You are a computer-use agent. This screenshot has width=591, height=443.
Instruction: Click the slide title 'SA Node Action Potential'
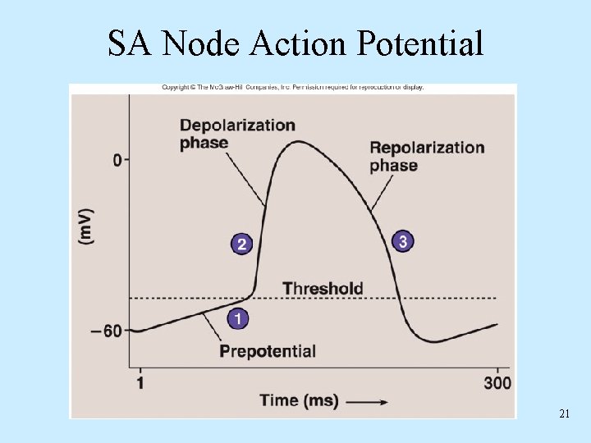pos(295,43)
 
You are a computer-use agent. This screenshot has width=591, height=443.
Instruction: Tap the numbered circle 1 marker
pos(238,318)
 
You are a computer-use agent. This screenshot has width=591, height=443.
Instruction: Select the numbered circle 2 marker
pos(241,244)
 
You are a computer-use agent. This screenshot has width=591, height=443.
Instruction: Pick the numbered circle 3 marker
pos(401,241)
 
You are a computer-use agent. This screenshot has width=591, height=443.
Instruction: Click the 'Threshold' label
pos(323,288)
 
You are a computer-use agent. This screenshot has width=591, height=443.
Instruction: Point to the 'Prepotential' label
pos(268,351)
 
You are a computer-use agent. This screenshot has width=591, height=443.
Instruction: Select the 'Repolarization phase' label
pos(427,156)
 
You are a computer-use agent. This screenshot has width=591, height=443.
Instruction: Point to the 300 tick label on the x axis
pos(497,383)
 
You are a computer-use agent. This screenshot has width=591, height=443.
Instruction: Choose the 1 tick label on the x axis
pos(140,383)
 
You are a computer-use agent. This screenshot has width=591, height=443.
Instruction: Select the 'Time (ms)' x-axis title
pos(299,401)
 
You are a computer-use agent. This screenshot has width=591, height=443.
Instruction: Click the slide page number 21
pos(564,414)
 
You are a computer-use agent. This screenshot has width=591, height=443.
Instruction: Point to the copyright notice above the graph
pos(292,88)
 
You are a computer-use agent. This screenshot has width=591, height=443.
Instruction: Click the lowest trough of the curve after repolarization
pos(433,341)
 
